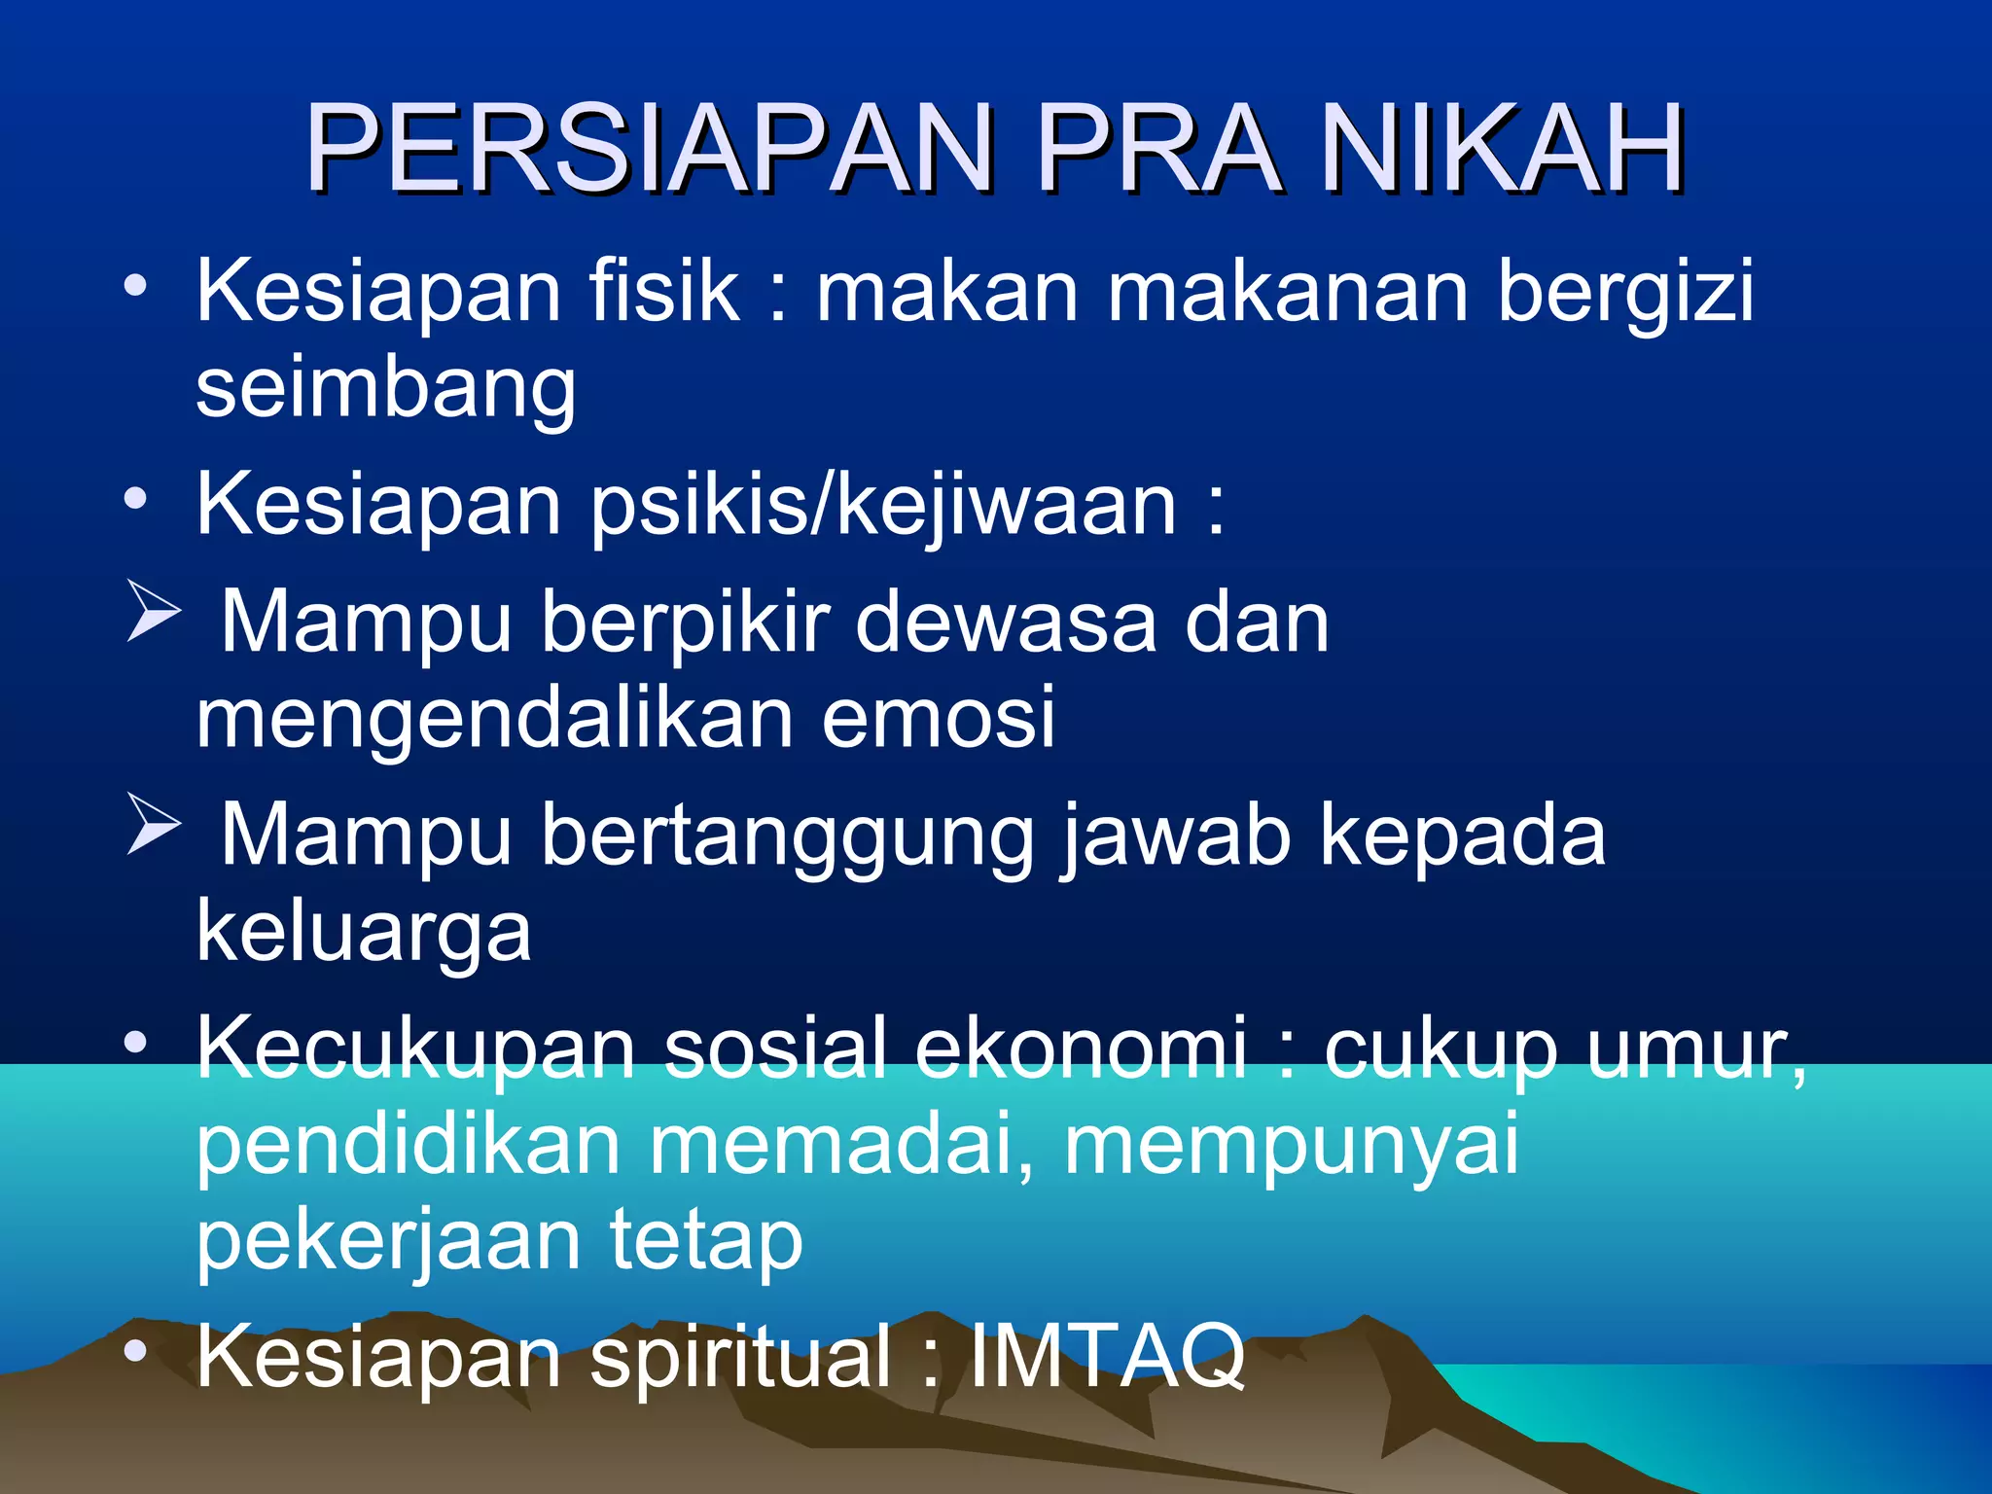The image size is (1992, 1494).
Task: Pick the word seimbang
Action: click(x=386, y=389)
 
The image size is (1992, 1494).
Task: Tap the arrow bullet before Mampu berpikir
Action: click(x=154, y=614)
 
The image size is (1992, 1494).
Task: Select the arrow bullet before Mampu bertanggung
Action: click(x=154, y=827)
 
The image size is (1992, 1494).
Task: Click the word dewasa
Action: click(x=1006, y=622)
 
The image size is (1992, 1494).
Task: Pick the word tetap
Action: click(x=706, y=1243)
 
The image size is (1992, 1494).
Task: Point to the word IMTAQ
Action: click(x=1107, y=1356)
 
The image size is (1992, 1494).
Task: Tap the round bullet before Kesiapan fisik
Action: click(x=135, y=286)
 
